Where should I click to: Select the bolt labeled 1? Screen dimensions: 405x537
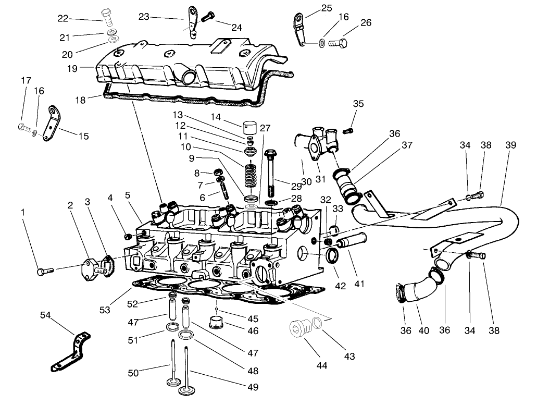coord(45,271)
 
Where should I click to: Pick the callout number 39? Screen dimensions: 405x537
coord(510,145)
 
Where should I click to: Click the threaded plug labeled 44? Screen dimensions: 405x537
coord(298,329)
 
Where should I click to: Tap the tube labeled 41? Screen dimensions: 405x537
coord(352,242)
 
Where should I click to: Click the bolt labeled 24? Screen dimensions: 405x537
coord(207,17)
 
